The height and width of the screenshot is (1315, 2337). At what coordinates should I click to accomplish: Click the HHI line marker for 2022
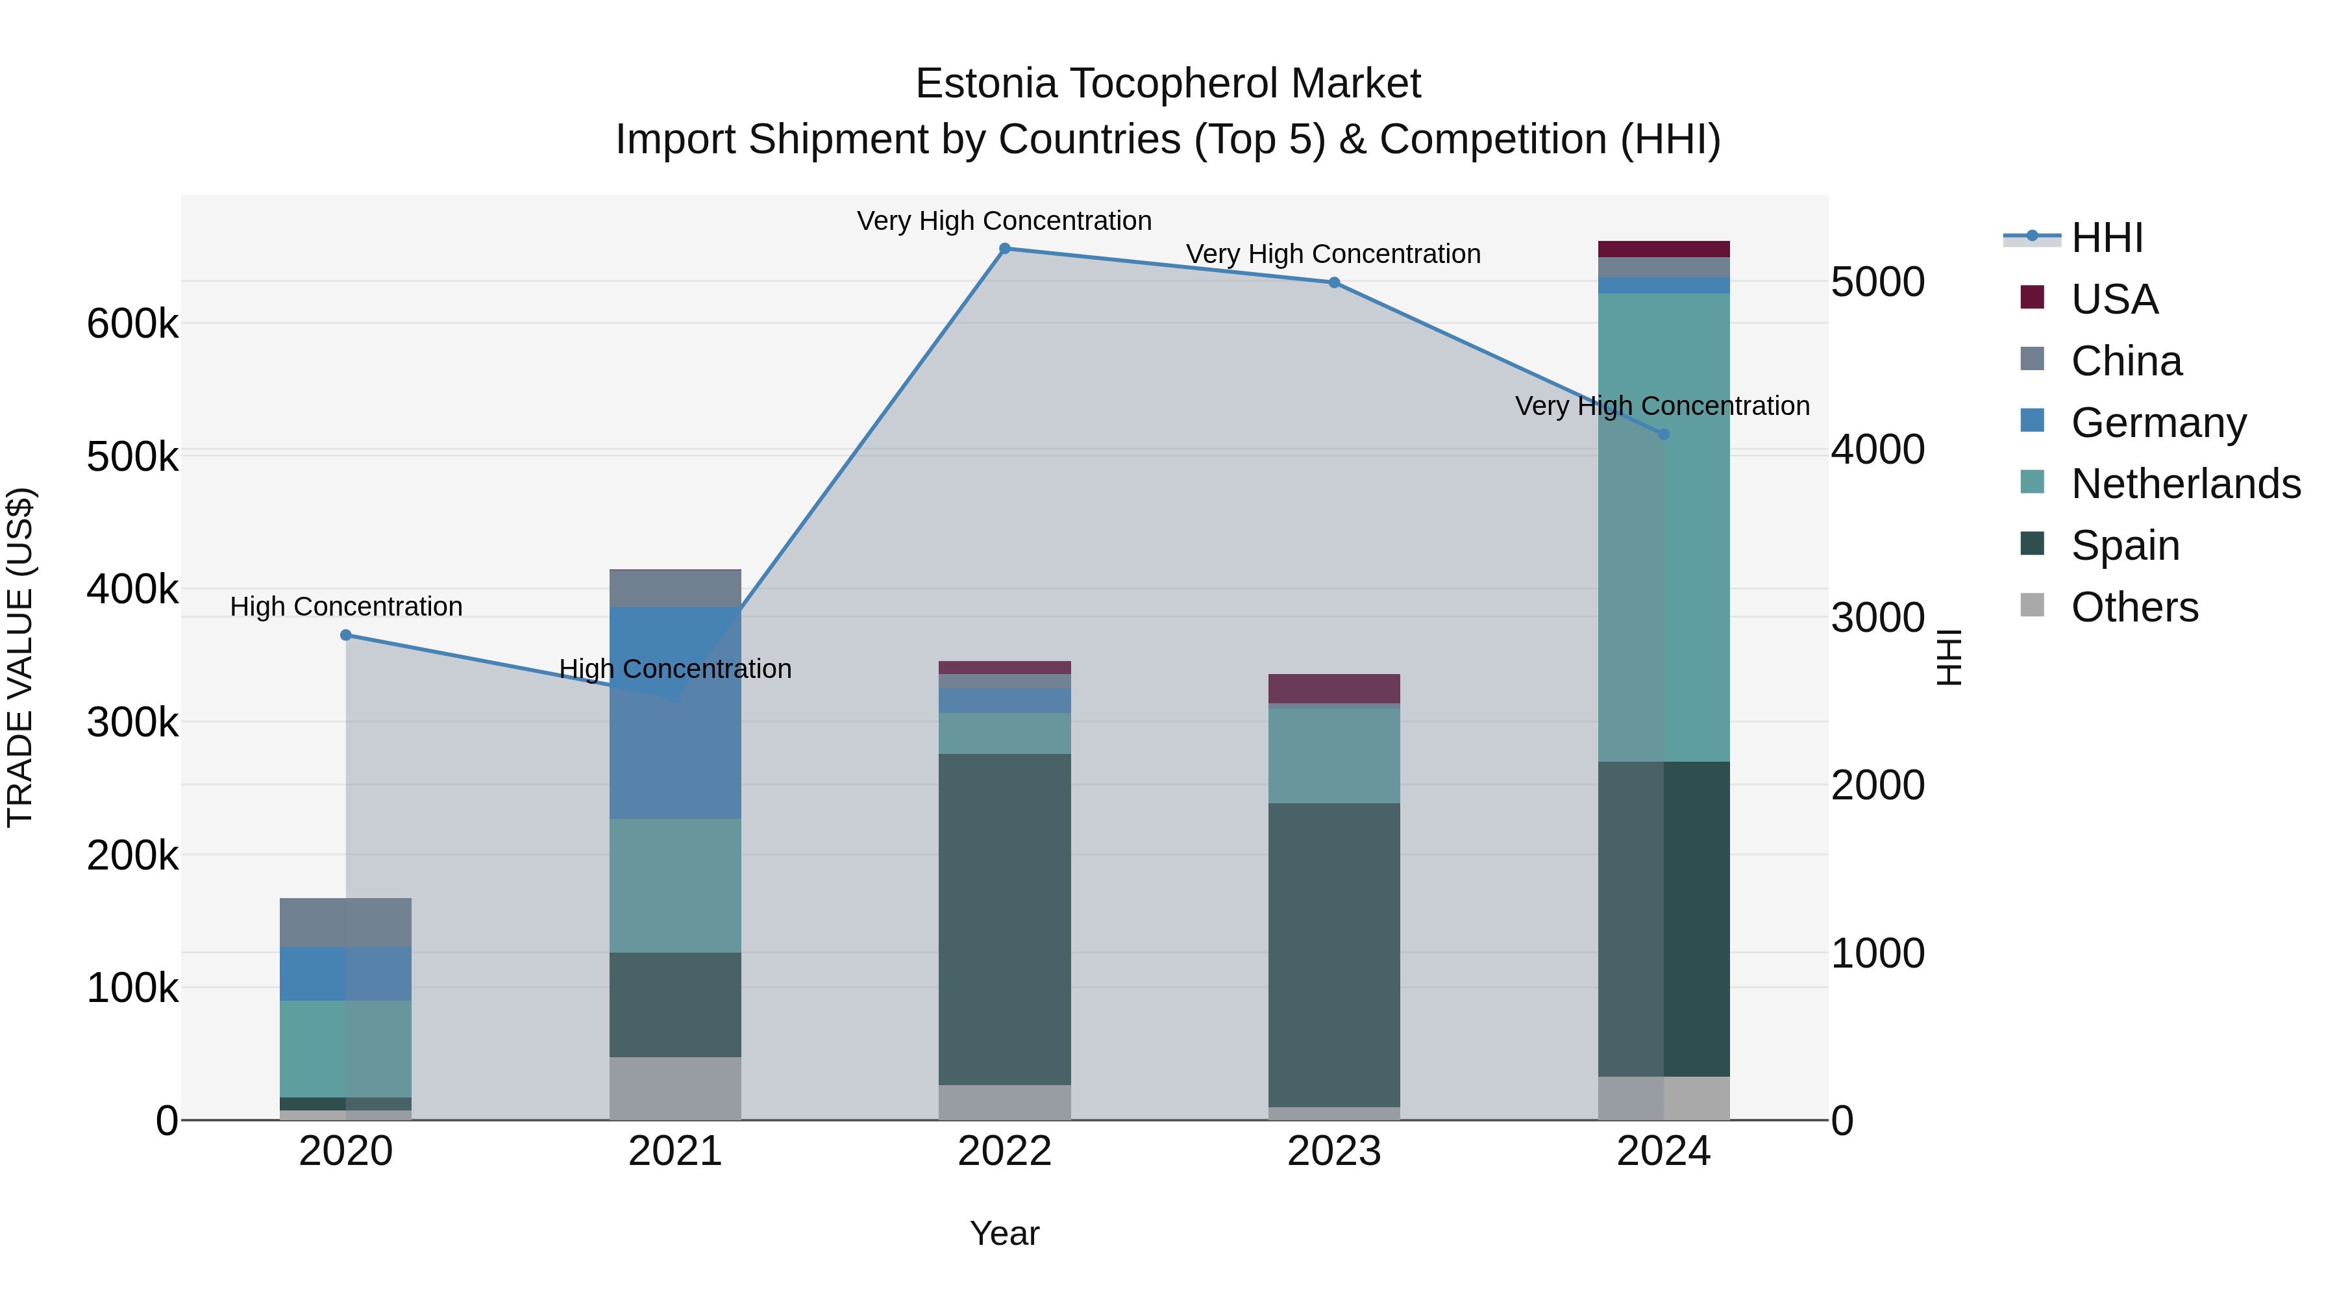point(1004,249)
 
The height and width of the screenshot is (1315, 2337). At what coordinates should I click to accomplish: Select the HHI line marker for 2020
point(345,635)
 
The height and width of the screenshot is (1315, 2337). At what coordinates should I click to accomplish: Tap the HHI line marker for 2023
point(1333,283)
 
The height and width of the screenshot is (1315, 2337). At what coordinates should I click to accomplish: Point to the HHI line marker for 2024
point(1663,434)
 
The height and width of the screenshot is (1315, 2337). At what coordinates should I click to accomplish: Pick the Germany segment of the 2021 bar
point(675,712)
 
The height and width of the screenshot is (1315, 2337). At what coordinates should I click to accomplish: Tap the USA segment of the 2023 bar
point(1333,688)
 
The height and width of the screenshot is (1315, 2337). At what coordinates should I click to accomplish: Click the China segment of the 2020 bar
point(345,922)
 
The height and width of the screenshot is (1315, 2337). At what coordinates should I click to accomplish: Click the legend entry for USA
point(2114,299)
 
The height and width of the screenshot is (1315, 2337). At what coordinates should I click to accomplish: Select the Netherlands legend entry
point(2184,484)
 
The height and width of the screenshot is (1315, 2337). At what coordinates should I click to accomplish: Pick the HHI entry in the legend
point(2107,238)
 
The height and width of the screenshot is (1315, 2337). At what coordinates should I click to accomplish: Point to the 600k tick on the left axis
point(132,324)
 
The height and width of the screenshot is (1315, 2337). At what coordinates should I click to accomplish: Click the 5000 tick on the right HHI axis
point(1877,282)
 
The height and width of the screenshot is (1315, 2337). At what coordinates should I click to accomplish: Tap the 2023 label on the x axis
point(1333,1151)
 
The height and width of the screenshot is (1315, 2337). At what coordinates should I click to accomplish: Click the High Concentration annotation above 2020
point(345,607)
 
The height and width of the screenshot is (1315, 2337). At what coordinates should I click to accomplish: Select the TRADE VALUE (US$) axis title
point(20,657)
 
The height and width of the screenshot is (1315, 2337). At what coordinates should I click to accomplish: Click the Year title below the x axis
point(1004,1233)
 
